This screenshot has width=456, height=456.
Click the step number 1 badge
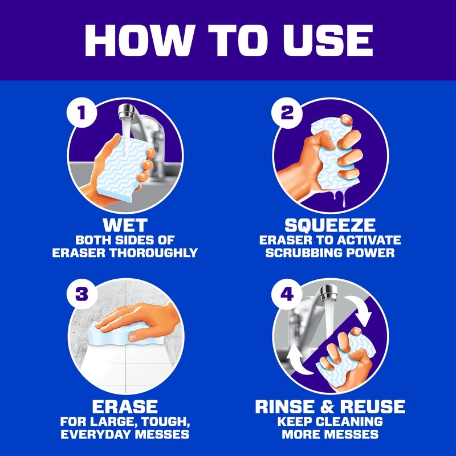pyautogui.click(x=82, y=112)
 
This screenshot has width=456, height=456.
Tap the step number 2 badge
pyautogui.click(x=287, y=112)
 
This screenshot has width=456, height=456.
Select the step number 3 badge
pyautogui.click(x=82, y=294)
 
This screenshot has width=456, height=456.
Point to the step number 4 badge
pyautogui.click(x=287, y=294)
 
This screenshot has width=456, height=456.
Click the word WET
pyautogui.click(x=125, y=225)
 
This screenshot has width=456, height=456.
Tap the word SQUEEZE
pyautogui.click(x=330, y=225)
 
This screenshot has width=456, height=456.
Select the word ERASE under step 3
pyautogui.click(x=125, y=406)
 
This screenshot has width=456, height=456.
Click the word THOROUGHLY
pyautogui.click(x=153, y=253)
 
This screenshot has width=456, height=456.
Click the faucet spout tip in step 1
pyautogui.click(x=126, y=115)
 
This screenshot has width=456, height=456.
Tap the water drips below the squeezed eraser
pyautogui.click(x=340, y=196)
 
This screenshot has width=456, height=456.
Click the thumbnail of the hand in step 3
pyautogui.click(x=133, y=337)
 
